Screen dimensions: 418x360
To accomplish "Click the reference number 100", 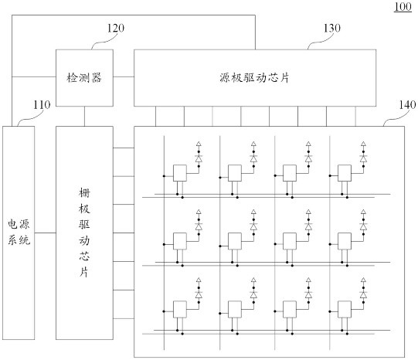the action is [403, 7].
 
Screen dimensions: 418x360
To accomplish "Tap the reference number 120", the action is [116, 28].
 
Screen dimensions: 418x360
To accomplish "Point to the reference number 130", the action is [332, 28].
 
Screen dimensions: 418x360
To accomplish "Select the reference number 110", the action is [42, 105].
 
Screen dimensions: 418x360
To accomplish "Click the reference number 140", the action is [407, 105].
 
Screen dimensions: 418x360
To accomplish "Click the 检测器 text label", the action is [84, 78].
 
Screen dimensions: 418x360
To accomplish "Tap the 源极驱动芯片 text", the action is [254, 78].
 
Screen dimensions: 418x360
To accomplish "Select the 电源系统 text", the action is [19, 232].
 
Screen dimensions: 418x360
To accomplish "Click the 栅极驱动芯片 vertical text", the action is [84, 233].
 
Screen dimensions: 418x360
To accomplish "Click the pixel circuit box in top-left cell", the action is [180, 173].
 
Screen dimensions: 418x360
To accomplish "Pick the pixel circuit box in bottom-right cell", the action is [345, 309].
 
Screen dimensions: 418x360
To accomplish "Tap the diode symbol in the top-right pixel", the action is [363, 158].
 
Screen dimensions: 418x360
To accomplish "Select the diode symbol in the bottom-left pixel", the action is [199, 294].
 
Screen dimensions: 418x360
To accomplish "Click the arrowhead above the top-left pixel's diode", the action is [199, 144].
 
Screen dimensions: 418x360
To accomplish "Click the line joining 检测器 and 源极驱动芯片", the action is [124, 76].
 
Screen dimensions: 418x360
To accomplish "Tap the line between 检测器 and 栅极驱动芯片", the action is [84, 116].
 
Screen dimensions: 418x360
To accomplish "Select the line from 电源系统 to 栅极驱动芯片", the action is [45, 233].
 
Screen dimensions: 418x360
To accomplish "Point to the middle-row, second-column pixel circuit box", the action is [235, 241].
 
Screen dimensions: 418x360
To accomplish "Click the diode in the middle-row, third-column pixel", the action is [308, 226].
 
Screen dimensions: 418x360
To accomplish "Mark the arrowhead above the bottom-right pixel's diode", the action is [363, 280].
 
